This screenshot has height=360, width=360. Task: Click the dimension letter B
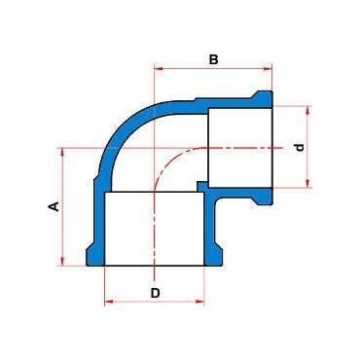click(x=213, y=59)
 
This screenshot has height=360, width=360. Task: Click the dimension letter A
click(x=54, y=206)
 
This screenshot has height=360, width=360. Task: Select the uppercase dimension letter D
click(x=156, y=293)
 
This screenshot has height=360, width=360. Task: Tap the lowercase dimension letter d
click(x=301, y=148)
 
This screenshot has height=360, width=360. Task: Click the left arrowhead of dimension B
click(x=158, y=68)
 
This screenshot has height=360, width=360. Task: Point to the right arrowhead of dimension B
click(x=268, y=68)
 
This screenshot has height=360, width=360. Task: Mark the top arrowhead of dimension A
click(x=62, y=152)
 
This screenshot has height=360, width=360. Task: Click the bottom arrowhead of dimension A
click(x=62, y=262)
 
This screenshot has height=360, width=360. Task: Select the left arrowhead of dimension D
click(x=108, y=302)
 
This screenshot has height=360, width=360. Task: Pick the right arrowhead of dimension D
click(x=200, y=302)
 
